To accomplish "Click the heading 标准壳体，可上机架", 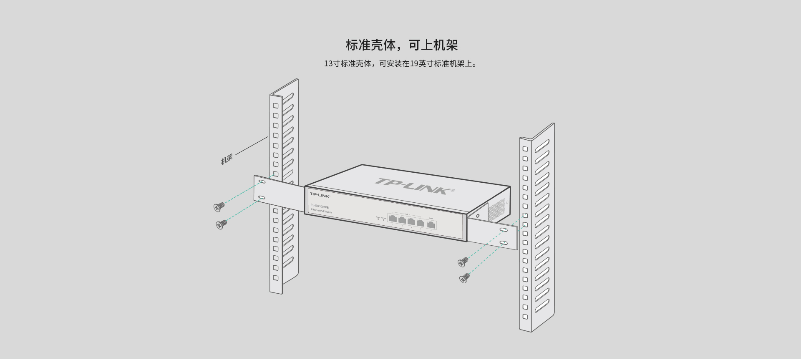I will pyautogui.click(x=401, y=45).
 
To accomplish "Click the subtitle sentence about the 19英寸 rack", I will pyautogui.click(x=400, y=64).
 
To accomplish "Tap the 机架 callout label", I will pyautogui.click(x=227, y=159).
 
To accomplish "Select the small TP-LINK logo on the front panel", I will pyautogui.click(x=320, y=195).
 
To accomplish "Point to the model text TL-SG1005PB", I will pyautogui.click(x=320, y=207).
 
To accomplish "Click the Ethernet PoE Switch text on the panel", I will pyautogui.click(x=321, y=211).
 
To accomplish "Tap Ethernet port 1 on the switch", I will pyautogui.click(x=393, y=219).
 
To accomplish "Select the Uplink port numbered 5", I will pyautogui.click(x=431, y=224).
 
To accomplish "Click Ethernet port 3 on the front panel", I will pyautogui.click(x=411, y=222).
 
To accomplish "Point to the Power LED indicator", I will pyautogui.click(x=378, y=219).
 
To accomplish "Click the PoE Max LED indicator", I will pyautogui.click(x=383, y=220).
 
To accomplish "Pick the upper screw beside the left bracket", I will pyautogui.click(x=219, y=206).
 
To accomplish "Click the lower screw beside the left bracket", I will pyautogui.click(x=222, y=224).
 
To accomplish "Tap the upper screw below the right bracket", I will pyautogui.click(x=463, y=262).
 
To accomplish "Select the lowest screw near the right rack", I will pyautogui.click(x=464, y=278).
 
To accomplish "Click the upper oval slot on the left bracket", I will pyautogui.click(x=262, y=182).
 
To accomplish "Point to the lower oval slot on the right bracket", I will pyautogui.click(x=504, y=242).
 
